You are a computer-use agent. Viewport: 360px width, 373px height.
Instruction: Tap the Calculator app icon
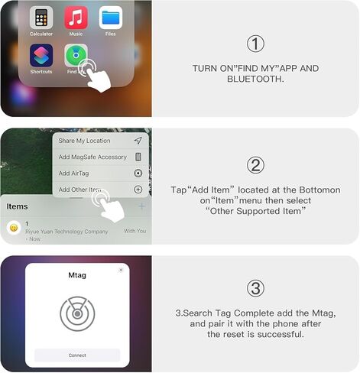(41, 17)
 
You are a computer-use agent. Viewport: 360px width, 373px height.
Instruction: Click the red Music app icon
(76, 17)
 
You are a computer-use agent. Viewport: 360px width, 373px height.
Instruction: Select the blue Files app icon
(111, 17)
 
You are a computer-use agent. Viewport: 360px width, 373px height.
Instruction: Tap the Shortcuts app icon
(41, 56)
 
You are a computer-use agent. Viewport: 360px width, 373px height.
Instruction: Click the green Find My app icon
(76, 56)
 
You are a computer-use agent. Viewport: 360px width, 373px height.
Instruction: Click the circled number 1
(255, 43)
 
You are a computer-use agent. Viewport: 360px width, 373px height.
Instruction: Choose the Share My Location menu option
(85, 141)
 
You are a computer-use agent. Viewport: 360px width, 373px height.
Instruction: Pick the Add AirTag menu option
(76, 174)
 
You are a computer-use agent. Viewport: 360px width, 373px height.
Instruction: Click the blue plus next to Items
(142, 206)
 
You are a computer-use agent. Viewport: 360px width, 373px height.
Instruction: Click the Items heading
(17, 206)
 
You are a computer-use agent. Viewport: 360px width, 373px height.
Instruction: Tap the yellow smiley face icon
(14, 228)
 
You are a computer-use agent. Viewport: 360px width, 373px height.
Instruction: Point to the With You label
(135, 231)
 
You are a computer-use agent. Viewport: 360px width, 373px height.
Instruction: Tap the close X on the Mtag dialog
(121, 270)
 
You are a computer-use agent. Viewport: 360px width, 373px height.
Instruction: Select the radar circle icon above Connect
(77, 314)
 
